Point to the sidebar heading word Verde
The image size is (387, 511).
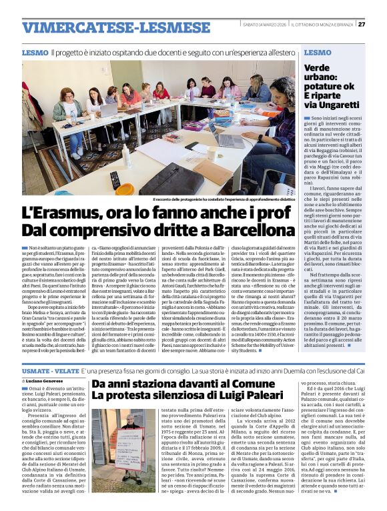point(317,67)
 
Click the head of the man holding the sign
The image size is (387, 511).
point(127,424)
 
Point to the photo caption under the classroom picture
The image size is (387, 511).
point(223,199)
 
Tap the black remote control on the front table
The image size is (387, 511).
point(115,180)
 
